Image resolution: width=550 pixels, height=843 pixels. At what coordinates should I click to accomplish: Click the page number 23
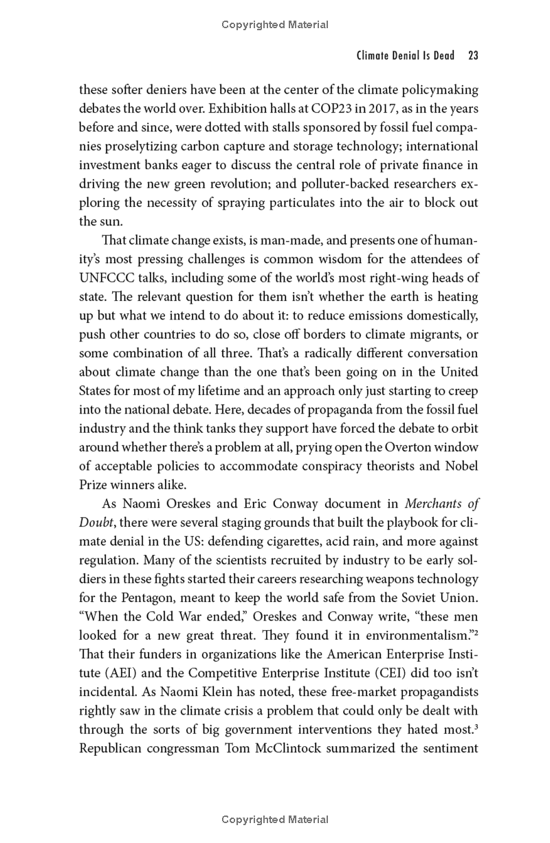point(472,56)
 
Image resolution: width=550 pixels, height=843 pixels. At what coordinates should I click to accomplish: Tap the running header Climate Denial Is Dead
point(405,56)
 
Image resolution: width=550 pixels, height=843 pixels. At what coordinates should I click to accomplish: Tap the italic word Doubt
point(96,523)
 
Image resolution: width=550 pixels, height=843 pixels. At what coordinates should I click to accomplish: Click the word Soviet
point(404,598)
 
